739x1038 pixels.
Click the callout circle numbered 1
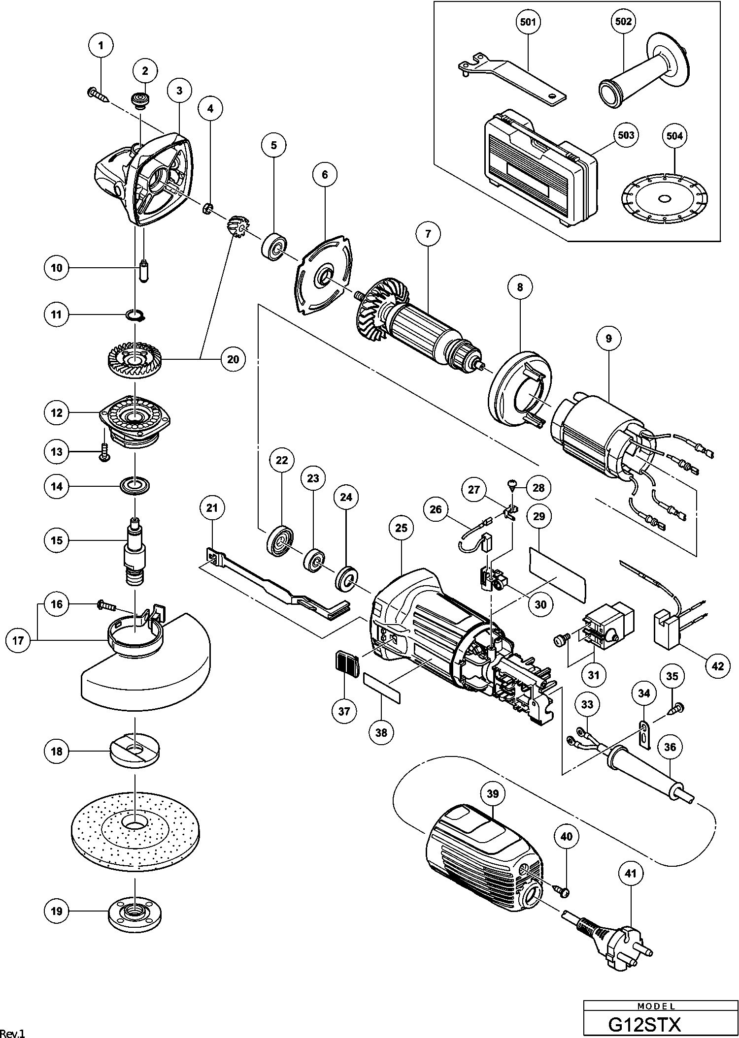(x=101, y=45)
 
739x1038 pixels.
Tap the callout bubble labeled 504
(x=674, y=136)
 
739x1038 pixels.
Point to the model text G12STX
(x=644, y=1024)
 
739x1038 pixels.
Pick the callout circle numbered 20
(x=233, y=359)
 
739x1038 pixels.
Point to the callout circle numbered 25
(x=402, y=528)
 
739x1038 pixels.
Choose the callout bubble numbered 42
(x=718, y=666)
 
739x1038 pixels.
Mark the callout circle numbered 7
(x=428, y=234)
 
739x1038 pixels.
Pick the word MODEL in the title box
(x=656, y=1007)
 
